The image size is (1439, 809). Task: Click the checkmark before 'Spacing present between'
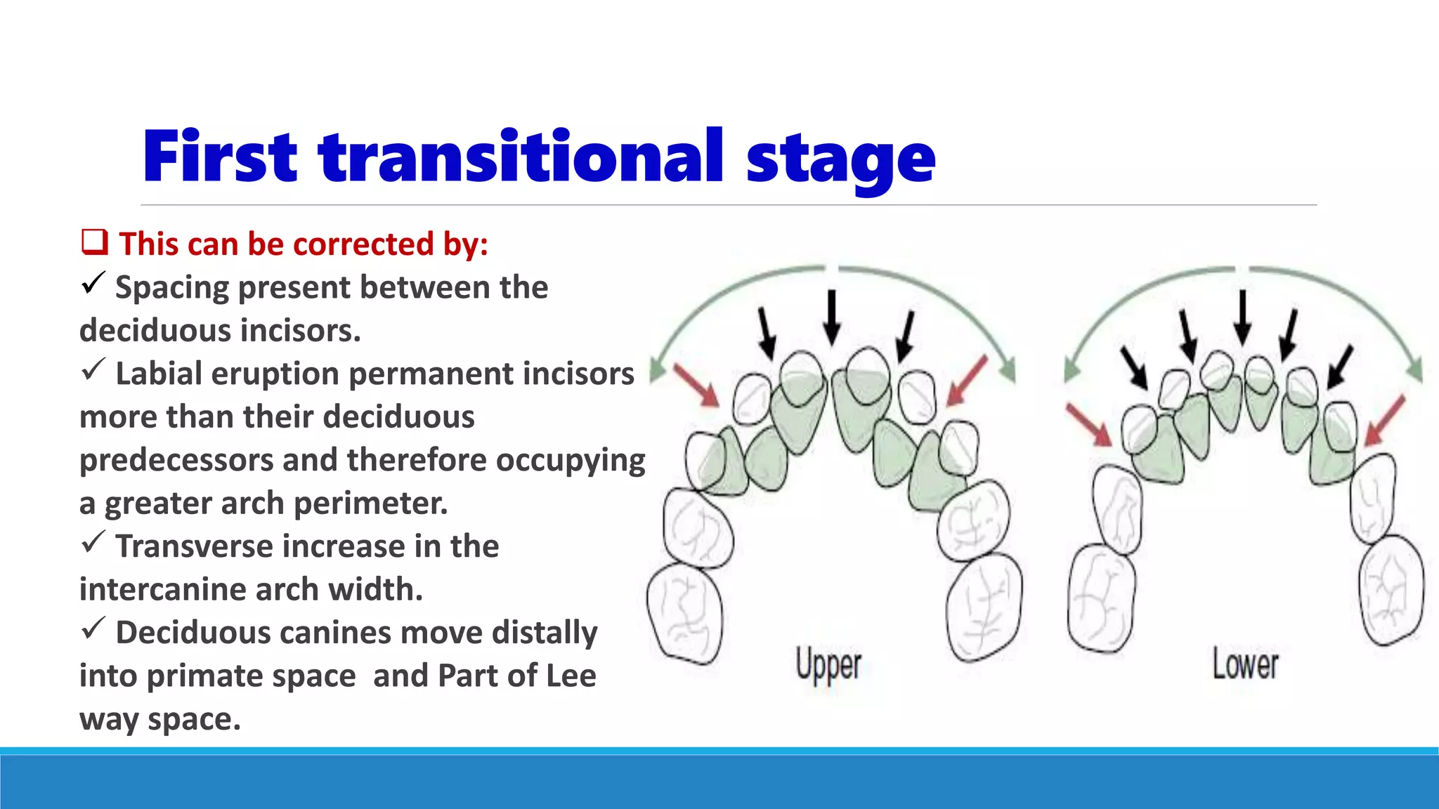coord(93,283)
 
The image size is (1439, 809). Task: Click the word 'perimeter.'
coord(370,503)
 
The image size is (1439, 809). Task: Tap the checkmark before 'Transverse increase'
coord(93,542)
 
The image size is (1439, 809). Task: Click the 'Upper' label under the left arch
coord(828,664)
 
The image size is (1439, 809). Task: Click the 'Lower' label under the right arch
coord(1245,664)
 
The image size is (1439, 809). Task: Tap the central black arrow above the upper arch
coord(832,317)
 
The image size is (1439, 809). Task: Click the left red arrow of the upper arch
coord(696,385)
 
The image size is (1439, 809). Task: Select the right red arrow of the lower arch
coord(1384,421)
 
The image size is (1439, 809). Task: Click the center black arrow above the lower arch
coord(1242,317)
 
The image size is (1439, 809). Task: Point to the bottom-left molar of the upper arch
coord(684,614)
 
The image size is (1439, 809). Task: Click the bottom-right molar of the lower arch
coord(1391,590)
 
